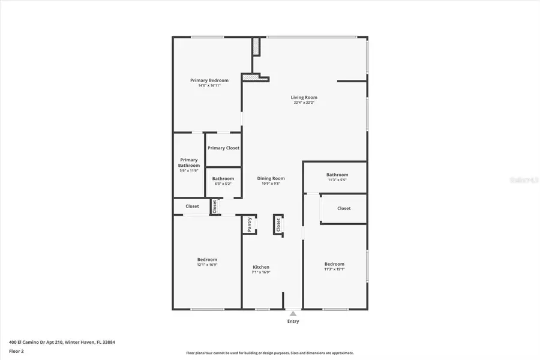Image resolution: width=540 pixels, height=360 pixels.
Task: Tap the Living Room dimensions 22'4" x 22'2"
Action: click(304, 103)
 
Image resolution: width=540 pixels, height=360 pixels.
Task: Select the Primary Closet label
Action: click(223, 148)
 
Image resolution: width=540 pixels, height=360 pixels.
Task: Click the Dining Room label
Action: click(271, 178)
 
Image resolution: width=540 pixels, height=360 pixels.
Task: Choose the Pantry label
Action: click(250, 224)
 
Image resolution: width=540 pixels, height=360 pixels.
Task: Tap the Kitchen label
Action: click(260, 267)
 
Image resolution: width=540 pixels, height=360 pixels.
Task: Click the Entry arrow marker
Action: click(292, 313)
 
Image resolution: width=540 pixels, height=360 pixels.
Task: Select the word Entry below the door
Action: click(292, 322)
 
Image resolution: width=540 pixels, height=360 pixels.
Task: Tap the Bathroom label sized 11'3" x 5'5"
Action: click(337, 175)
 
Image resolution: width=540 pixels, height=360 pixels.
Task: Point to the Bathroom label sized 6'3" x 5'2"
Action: click(223, 178)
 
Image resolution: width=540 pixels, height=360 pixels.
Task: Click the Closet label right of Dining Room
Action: click(344, 208)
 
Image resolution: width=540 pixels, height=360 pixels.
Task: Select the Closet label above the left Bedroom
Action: click(192, 206)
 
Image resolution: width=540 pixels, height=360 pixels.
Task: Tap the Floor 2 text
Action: click(16, 350)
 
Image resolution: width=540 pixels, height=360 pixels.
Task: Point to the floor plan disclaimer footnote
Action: click(269, 353)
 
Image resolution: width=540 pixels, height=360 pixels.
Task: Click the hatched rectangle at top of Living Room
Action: click(256, 46)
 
